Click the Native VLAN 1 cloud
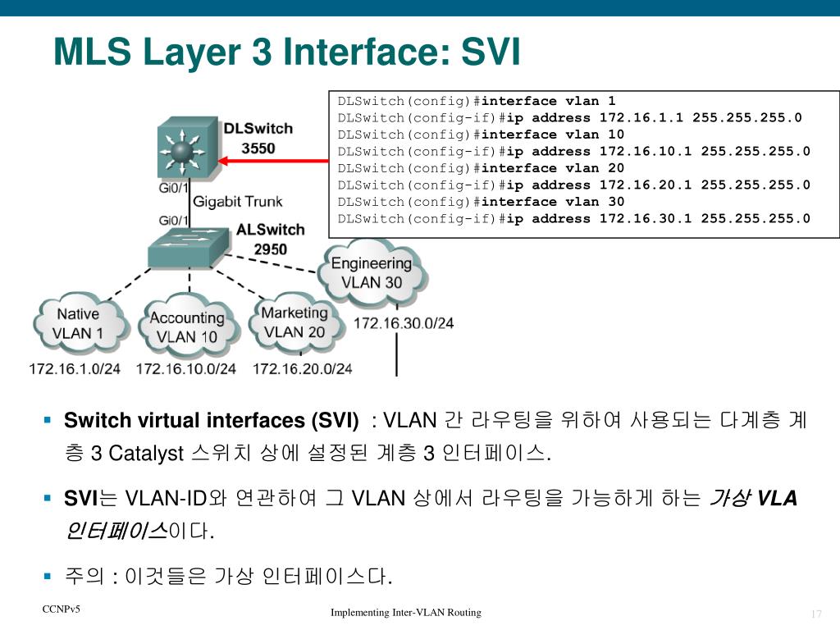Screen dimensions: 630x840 click(80, 323)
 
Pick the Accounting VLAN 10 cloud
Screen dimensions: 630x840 click(186, 326)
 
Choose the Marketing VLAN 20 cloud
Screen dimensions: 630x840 click(293, 322)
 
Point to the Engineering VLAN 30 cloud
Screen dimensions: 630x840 click(371, 272)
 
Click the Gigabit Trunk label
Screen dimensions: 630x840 click(237, 201)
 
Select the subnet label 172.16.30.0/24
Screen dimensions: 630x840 click(403, 322)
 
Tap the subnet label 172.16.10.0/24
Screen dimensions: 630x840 click(186, 369)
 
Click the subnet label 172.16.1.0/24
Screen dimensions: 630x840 click(75, 369)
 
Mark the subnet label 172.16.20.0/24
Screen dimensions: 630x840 click(302, 369)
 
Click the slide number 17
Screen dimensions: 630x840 click(815, 615)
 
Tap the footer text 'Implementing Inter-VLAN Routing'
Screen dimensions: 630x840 click(406, 613)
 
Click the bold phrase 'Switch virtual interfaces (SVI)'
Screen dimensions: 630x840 click(212, 421)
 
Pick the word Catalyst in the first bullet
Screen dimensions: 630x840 click(146, 453)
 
